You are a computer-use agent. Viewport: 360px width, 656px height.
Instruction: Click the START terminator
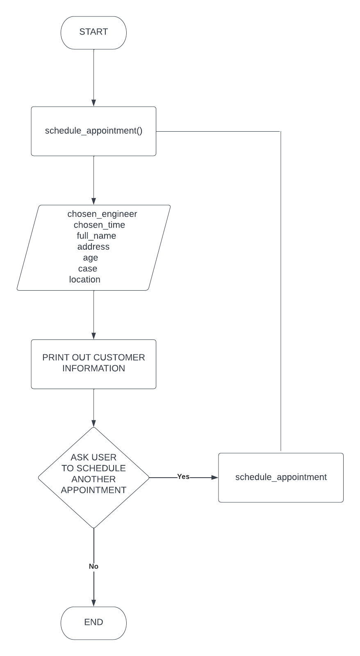point(93,32)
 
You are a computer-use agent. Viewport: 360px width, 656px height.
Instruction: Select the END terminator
point(93,623)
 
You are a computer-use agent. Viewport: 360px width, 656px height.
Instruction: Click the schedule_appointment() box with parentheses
point(93,131)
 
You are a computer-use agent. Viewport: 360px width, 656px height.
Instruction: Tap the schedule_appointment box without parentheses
point(281,477)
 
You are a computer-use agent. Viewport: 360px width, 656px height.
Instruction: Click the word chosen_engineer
point(102,214)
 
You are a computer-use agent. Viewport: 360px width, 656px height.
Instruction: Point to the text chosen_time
point(99,225)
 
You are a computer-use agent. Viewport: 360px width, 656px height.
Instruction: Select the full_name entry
point(96,236)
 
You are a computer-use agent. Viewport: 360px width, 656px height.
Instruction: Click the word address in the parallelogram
point(93,247)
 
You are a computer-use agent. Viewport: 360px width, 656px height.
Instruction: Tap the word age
point(90,258)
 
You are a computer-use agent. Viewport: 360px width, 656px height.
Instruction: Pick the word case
point(88,269)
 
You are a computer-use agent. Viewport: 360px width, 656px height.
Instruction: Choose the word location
point(85,280)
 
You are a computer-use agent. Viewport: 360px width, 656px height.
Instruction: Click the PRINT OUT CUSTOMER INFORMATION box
point(93,363)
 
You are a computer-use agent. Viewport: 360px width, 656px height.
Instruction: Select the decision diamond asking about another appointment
point(93,478)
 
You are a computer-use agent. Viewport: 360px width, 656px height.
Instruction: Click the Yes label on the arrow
point(183,476)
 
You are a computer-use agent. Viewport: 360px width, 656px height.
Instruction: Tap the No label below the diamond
point(93,566)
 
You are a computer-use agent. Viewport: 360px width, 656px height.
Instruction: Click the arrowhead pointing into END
point(93,603)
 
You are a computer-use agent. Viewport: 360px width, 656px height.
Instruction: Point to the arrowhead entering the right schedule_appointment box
point(214,477)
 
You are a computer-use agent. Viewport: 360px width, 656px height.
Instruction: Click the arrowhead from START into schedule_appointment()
point(93,103)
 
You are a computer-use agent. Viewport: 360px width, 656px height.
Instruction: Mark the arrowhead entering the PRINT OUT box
point(93,336)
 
